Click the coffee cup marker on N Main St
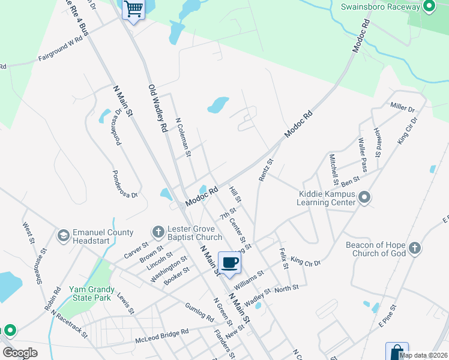[229, 262]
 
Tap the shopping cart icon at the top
[133, 9]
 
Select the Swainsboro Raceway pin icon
[429, 7]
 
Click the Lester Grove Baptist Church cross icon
[158, 232]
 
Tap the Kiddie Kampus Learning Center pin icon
[364, 197]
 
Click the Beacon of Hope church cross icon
[414, 248]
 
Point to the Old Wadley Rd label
[157, 108]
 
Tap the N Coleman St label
[182, 137]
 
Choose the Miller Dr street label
[402, 108]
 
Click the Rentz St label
[265, 170]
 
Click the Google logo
[20, 353]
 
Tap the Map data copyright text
[423, 355]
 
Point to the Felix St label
[284, 259]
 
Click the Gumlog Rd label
[199, 311]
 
